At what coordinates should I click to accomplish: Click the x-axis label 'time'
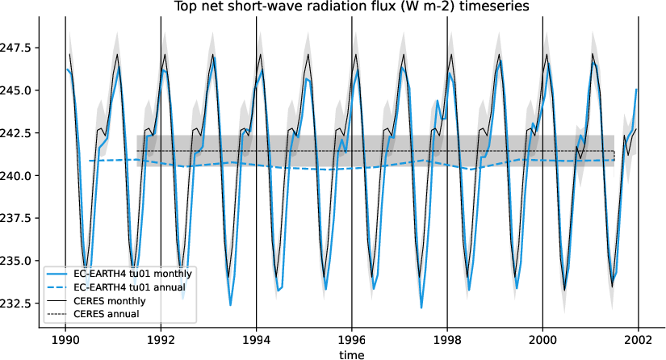351,354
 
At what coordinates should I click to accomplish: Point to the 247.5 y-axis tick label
17,48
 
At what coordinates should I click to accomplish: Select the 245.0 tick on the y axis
17,90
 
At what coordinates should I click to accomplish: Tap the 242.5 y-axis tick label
17,133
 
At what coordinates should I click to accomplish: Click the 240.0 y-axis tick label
17,176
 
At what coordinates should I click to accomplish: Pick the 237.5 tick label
17,218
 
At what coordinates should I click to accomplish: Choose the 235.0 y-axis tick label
17,261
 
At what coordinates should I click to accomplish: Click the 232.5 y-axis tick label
17,303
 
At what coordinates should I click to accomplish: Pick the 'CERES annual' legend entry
106,314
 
